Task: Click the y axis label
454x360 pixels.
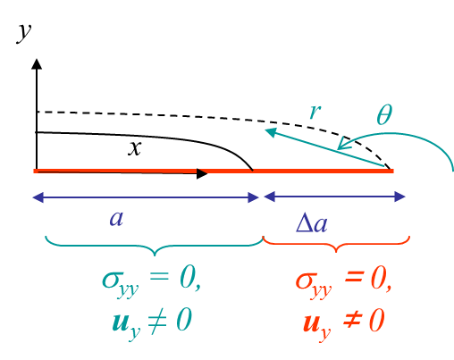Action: (24, 33)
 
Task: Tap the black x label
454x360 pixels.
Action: (135, 148)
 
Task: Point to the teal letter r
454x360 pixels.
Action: (315, 112)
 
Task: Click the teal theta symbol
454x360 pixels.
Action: (384, 114)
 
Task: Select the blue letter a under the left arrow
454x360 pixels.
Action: (116, 219)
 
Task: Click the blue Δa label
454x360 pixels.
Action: (312, 222)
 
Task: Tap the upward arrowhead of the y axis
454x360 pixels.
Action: (37, 64)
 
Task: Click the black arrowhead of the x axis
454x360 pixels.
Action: (202, 173)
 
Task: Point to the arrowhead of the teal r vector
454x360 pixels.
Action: (271, 132)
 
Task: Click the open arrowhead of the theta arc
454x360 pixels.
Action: (344, 143)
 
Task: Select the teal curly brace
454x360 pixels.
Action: (155, 246)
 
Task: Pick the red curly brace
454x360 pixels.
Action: (336, 245)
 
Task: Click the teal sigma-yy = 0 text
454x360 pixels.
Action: (151, 281)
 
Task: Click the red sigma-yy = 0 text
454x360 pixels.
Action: (343, 281)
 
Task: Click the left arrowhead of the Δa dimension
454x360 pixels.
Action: (269, 197)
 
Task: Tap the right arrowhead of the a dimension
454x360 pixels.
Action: (253, 197)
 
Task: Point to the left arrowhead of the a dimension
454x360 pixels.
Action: (38, 197)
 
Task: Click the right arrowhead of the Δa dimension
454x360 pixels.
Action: (399, 197)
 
